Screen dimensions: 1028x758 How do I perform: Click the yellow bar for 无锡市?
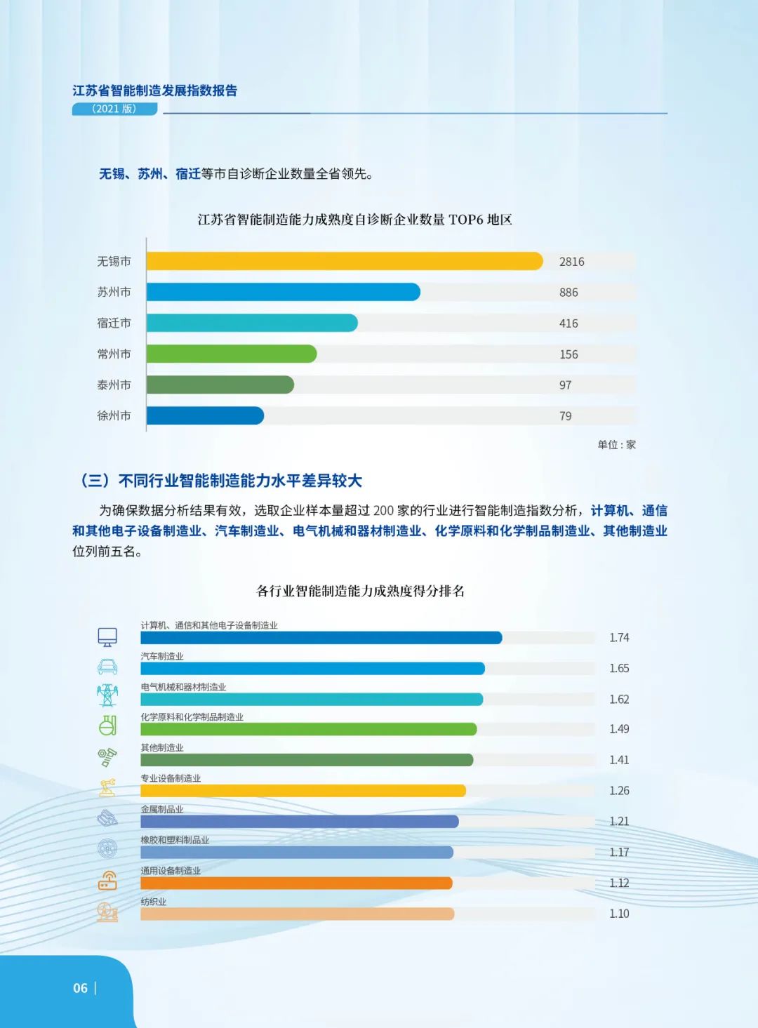coord(344,261)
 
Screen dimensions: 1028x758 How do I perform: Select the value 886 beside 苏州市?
coord(568,293)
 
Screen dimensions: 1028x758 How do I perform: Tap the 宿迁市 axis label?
coord(114,323)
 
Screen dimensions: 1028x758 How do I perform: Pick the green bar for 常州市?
coord(232,354)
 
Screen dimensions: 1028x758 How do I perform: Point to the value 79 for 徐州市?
coord(566,416)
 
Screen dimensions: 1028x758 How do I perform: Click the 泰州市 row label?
coord(114,385)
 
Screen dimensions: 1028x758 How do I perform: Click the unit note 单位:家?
coord(616,445)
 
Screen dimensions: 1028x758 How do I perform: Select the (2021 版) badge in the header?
coord(114,109)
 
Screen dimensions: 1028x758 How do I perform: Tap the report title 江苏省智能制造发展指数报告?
coord(155,91)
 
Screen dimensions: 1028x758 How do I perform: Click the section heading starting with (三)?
coord(221,481)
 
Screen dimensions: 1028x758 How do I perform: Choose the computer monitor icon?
coord(107,637)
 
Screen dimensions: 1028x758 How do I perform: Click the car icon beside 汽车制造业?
coord(107,667)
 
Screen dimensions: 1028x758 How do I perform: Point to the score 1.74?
coord(619,638)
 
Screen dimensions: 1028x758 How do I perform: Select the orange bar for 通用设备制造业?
coord(296,883)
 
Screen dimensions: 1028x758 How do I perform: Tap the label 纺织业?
coord(154,902)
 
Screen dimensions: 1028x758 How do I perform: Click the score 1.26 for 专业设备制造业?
coord(619,791)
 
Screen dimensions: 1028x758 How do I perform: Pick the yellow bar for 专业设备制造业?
coord(302,791)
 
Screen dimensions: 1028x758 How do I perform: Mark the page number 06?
coord(81,988)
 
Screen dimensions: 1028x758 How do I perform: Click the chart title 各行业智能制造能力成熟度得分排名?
coord(360,591)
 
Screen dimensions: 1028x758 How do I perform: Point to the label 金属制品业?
coord(162,809)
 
